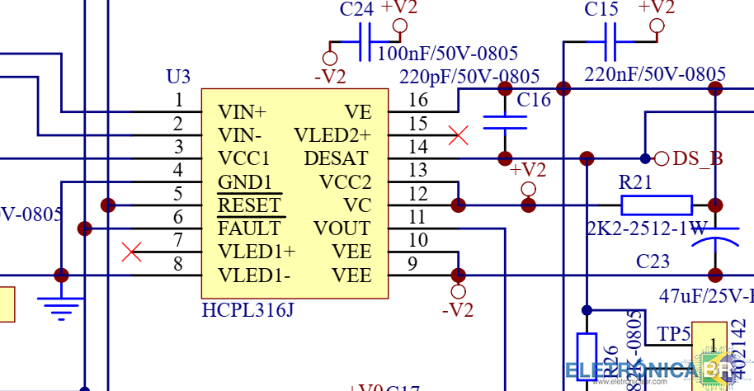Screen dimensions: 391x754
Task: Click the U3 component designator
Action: [x=178, y=77]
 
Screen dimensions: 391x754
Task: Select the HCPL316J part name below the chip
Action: [x=247, y=311]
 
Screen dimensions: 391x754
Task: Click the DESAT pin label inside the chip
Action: [x=337, y=158]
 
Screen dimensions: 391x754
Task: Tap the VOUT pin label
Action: [x=342, y=228]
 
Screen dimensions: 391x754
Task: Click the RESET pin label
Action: [x=249, y=205]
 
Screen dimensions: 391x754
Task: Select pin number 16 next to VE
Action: [x=418, y=100]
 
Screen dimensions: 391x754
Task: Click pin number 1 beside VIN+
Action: [x=178, y=100]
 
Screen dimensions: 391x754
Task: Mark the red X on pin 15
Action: [x=459, y=135]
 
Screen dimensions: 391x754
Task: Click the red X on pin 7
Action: [x=131, y=252]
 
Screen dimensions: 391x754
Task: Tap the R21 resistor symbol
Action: [x=656, y=205]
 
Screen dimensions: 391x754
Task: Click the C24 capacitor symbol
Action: [x=365, y=42]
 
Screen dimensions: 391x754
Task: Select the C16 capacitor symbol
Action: [x=505, y=122]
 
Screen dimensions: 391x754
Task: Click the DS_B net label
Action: [x=698, y=158]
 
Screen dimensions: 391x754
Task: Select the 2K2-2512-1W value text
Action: [x=647, y=228]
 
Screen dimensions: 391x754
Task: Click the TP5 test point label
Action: [x=673, y=334]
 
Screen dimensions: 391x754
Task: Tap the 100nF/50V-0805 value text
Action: [x=447, y=54]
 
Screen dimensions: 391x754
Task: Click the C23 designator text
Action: [x=653, y=261]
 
